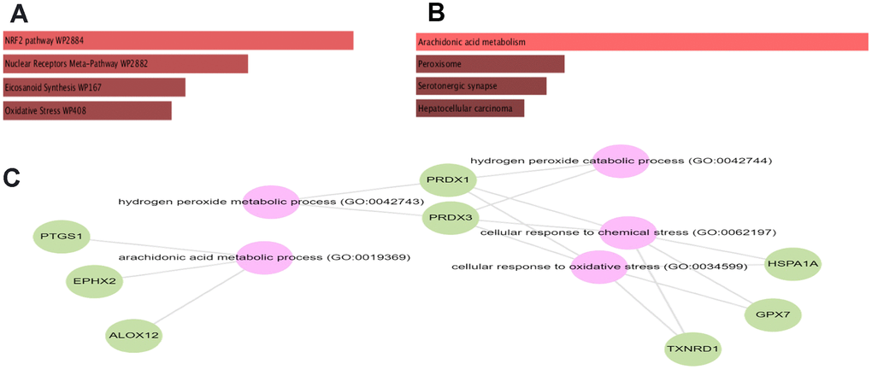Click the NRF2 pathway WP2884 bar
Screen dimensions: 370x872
pos(178,40)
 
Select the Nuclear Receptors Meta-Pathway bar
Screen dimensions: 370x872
pos(126,64)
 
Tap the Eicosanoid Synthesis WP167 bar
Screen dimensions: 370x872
pos(94,87)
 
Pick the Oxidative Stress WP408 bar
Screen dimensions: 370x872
pos(87,110)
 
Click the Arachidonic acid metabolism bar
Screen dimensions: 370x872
pos(641,41)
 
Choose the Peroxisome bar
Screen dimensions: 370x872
pos(490,64)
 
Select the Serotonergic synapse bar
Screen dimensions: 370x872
pos(481,86)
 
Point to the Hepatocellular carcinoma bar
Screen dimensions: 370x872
pos(470,109)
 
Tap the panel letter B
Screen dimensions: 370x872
pos(436,14)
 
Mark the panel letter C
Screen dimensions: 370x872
pos(15,178)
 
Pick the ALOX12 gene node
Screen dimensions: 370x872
pos(134,335)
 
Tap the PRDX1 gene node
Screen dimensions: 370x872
pos(448,180)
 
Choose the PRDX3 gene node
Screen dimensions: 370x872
pos(450,218)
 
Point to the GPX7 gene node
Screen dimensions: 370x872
pos(773,314)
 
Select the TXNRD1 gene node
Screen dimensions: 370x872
pos(692,349)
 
